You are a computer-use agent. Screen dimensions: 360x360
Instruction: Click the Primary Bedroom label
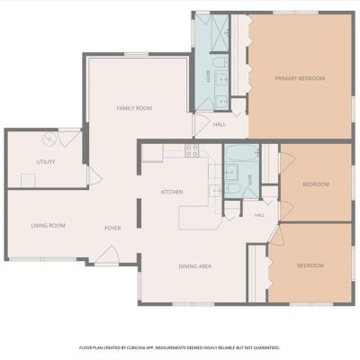[300, 78]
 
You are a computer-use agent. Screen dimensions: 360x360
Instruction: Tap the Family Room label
[134, 108]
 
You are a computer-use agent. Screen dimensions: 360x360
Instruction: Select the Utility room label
[46, 162]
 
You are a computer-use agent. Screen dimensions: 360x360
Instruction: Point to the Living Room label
[48, 226]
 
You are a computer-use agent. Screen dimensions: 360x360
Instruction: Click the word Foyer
[112, 229]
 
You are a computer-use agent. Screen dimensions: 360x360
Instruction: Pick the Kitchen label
[172, 192]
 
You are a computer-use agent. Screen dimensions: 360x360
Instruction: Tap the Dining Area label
[195, 266]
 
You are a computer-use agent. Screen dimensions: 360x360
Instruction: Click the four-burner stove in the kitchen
[192, 150]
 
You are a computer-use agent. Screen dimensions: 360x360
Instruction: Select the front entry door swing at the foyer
[107, 255]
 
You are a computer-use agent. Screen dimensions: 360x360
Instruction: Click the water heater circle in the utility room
[49, 139]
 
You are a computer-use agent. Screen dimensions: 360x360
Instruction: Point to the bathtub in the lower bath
[242, 154]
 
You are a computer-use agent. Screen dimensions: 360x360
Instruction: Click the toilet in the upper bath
[220, 62]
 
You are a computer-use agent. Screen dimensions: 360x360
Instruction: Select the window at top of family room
[136, 54]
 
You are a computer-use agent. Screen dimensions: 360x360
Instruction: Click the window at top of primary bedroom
[296, 13]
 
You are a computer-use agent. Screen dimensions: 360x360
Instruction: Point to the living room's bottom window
[42, 259]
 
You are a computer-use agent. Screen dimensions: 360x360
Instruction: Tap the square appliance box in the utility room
[28, 181]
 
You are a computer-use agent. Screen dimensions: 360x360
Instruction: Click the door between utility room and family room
[94, 176]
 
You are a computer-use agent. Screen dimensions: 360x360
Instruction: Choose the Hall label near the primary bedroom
[220, 124]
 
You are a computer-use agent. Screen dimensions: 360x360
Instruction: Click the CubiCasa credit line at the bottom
[179, 347]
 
